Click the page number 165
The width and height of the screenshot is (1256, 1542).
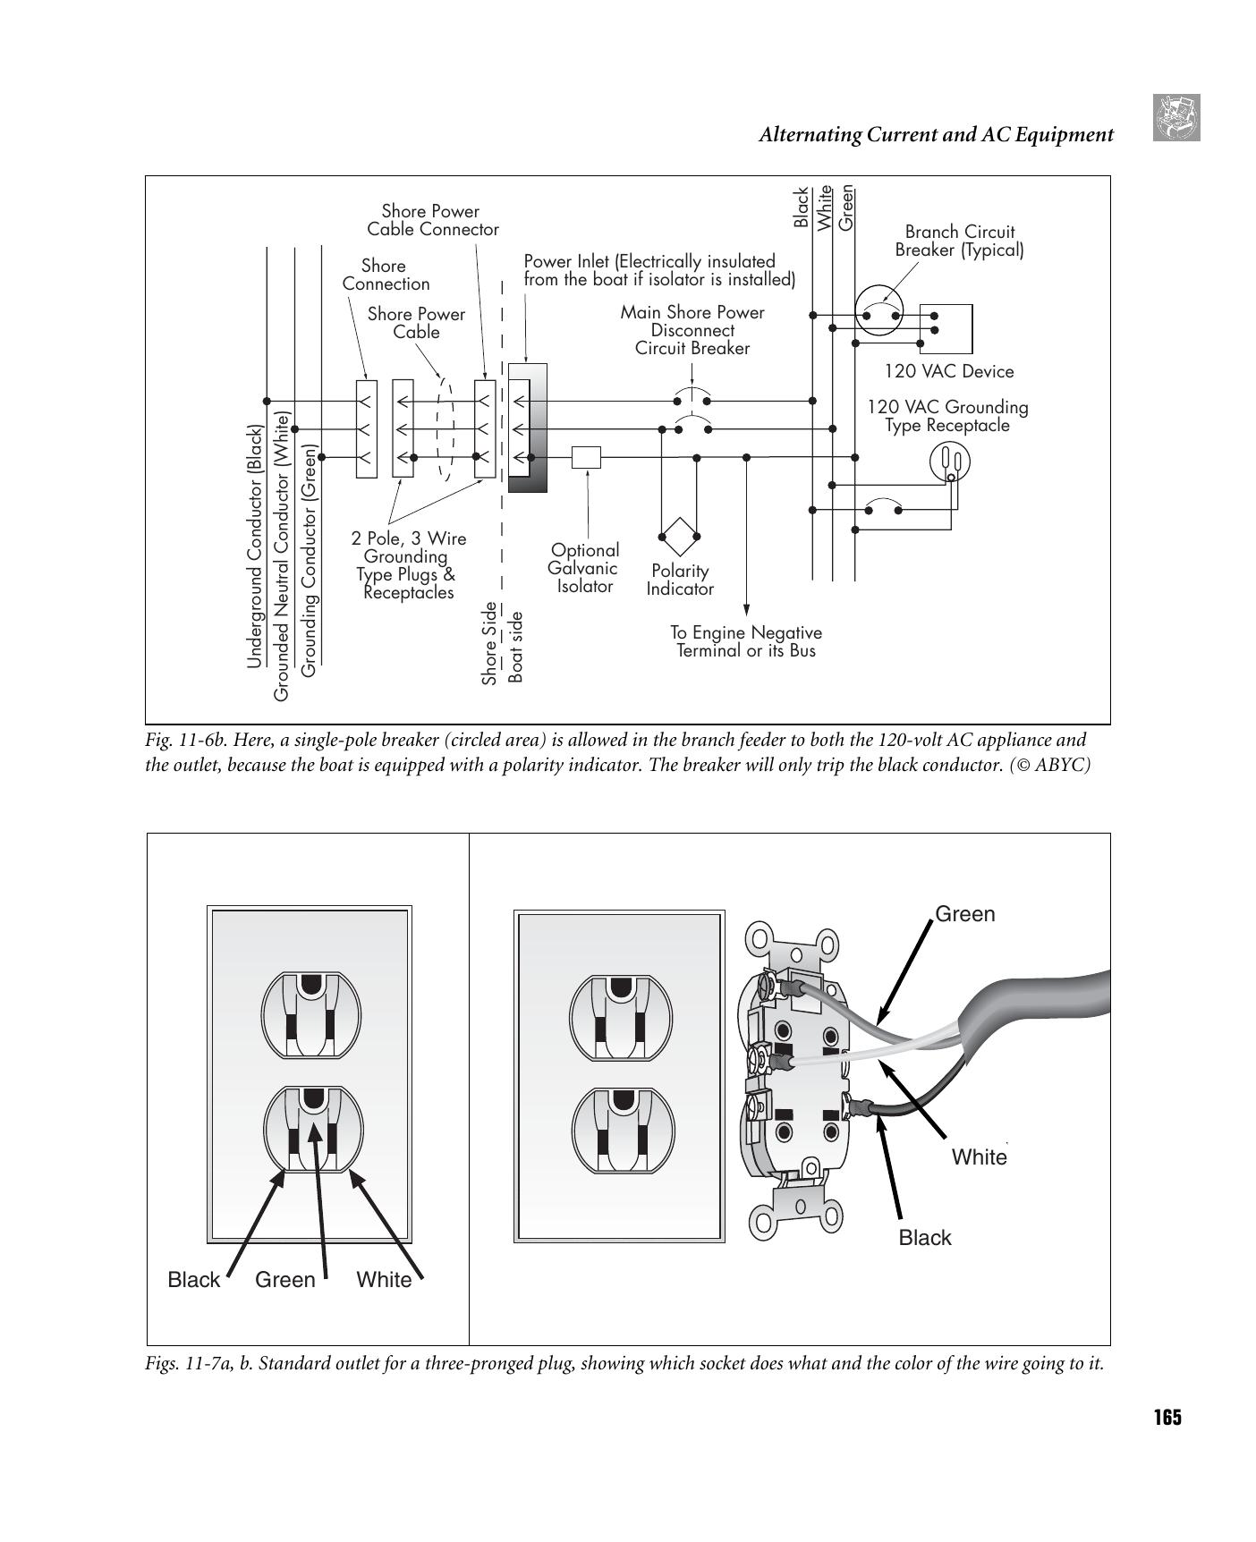pos(1167,1418)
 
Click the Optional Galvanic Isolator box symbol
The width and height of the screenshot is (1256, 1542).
pos(586,457)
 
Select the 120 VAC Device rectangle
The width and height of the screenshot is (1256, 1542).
pos(946,328)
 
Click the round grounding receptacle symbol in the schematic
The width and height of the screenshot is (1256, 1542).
pos(950,462)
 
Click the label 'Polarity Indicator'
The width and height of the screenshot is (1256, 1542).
pos(680,580)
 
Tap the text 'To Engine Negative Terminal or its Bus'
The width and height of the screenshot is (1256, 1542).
pos(746,641)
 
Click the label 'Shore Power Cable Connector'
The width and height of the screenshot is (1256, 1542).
pos(432,220)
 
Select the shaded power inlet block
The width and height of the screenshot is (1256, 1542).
pos(527,428)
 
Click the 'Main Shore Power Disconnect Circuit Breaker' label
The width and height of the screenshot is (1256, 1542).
pos(692,330)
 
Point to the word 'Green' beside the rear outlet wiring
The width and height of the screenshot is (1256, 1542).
pos(964,914)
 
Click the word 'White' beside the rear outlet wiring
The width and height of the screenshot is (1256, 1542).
pos(979,1157)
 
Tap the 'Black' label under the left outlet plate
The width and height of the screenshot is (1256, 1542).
pos(193,1280)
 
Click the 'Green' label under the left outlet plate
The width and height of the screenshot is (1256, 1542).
pos(284,1280)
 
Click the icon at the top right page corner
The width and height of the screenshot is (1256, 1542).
pos(1175,118)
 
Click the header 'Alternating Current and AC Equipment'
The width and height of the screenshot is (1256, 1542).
pos(936,135)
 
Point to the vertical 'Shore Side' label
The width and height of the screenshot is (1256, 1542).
pos(489,643)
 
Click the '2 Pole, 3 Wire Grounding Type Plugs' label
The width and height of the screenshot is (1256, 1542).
pos(408,565)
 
